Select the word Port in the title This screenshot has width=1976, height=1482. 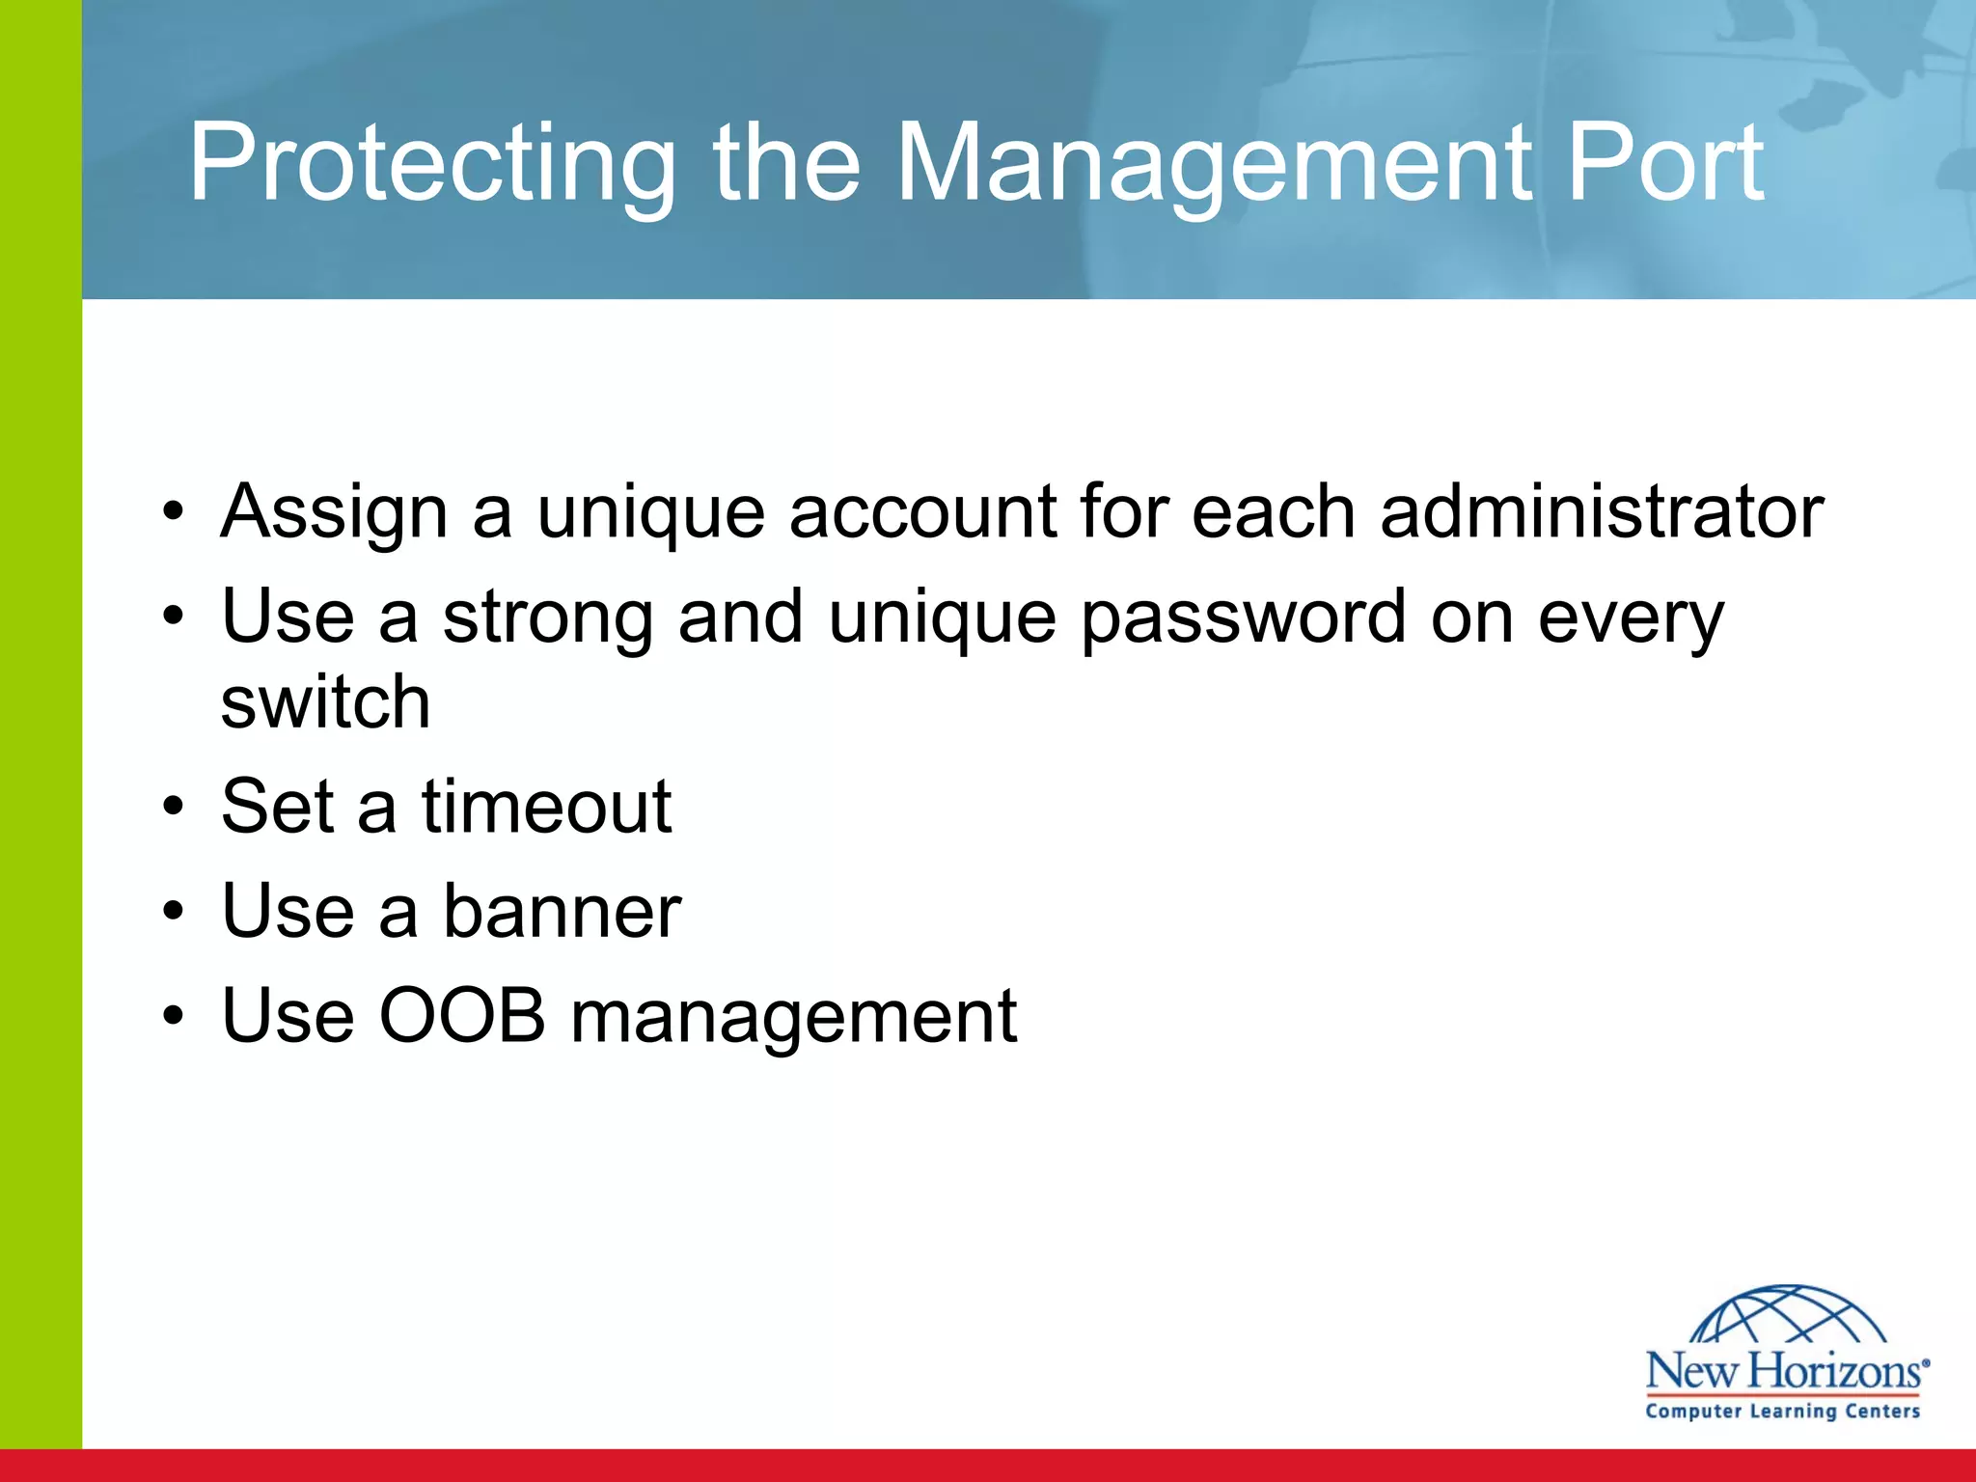[1664, 164]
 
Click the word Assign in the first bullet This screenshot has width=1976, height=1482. [334, 512]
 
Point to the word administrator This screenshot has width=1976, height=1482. [1602, 510]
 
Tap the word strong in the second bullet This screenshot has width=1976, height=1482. [548, 617]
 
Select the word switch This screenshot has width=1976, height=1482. [325, 701]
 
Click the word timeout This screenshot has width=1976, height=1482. [546, 806]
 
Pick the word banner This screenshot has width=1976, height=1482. [562, 911]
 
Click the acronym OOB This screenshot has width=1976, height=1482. [462, 1015]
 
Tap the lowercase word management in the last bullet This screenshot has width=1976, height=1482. [793, 1017]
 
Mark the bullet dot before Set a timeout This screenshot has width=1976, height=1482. [173, 807]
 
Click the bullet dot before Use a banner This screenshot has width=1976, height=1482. [173, 912]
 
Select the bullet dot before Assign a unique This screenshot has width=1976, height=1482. [173, 511]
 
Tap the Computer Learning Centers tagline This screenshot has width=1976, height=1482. [1783, 1412]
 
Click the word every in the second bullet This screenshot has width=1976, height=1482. [1631, 617]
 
